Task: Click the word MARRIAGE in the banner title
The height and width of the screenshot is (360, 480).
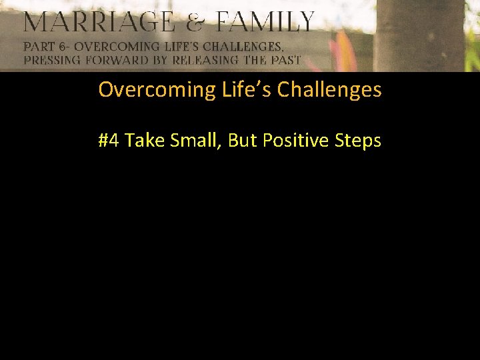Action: [98, 23]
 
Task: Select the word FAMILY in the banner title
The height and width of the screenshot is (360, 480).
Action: [265, 23]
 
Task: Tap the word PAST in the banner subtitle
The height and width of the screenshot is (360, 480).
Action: [285, 60]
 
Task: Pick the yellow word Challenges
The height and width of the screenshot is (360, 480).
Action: [329, 90]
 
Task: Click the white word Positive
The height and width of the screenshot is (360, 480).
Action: [297, 141]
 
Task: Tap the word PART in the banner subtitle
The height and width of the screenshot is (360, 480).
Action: [40, 47]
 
